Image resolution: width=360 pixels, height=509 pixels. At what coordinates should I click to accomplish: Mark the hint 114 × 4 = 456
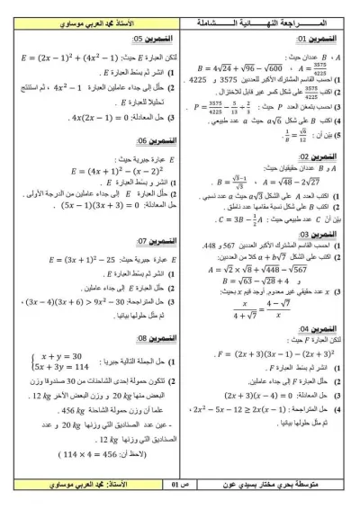click(71, 455)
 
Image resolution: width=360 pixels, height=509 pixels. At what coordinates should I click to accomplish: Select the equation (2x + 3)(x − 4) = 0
click(236, 394)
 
